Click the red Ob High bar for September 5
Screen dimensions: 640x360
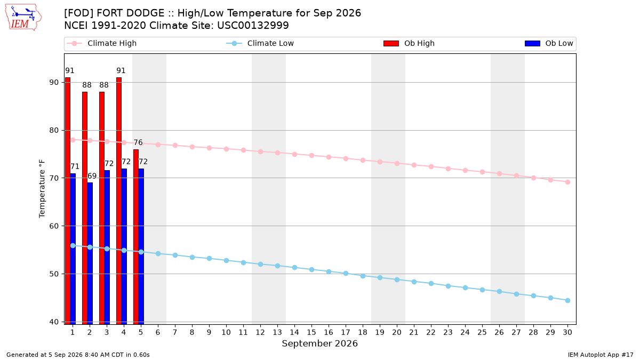coord(136,237)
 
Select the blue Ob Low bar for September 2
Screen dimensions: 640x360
coord(90,253)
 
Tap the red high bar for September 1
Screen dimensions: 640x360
coord(68,201)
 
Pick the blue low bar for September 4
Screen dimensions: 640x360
coord(124,246)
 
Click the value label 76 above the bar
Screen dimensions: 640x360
coord(138,142)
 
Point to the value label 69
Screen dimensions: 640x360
coord(92,175)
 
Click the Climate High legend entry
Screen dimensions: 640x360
coord(102,43)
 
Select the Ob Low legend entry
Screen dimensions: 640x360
coord(549,43)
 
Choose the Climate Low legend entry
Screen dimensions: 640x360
coord(260,43)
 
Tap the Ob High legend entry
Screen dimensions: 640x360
coord(409,43)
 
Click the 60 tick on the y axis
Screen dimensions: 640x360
coord(54,226)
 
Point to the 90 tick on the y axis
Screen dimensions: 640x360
coord(54,82)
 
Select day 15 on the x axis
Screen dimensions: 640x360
coord(311,332)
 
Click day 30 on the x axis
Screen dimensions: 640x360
coord(567,332)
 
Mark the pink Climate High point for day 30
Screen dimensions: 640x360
coord(567,182)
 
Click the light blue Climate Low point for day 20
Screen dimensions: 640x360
coord(397,279)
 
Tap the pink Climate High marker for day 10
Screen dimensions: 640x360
coord(226,149)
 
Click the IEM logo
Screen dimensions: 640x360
coord(23,18)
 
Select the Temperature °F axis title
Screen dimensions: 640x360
coord(42,189)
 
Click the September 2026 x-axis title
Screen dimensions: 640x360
coord(319,343)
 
